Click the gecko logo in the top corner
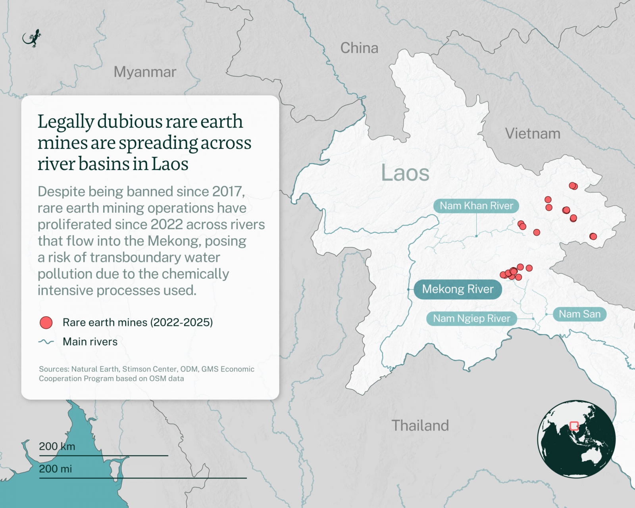32,38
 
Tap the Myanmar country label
145,72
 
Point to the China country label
359,48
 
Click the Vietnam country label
533,134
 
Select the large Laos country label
405,173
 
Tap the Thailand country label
420,425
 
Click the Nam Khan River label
476,206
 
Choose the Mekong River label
458,289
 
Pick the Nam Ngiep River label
471,318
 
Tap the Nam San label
579,314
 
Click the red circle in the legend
46,323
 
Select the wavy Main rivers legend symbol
46,342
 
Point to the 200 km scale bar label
57,446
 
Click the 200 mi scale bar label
55,469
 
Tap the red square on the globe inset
574,426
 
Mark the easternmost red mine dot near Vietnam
593,237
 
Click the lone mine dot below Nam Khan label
537,232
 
